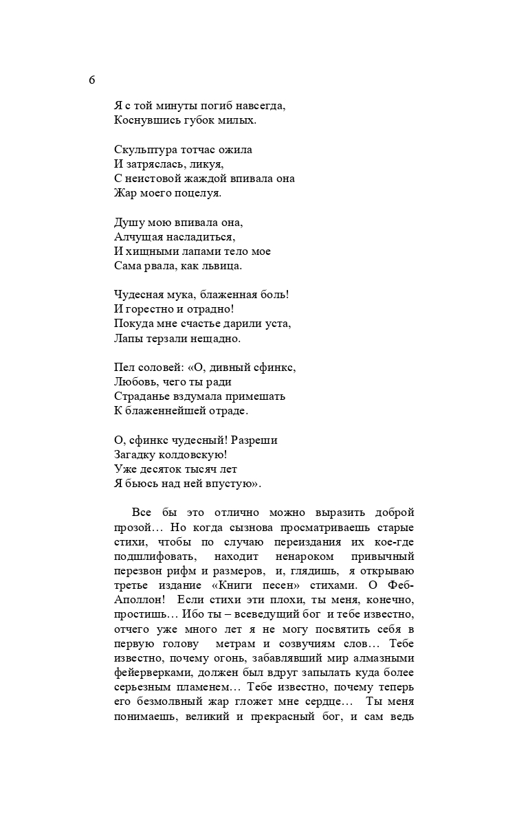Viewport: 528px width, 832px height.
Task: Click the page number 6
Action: point(92,80)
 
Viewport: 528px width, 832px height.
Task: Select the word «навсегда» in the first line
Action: point(259,106)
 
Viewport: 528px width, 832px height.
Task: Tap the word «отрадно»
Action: point(200,309)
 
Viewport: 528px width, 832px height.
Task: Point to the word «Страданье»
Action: point(142,396)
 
